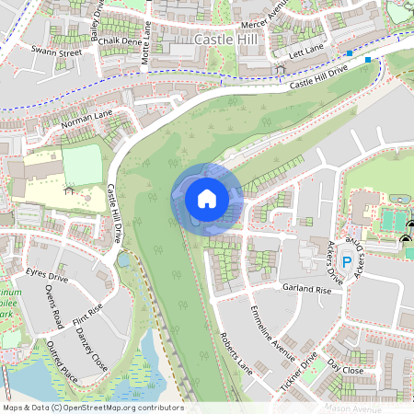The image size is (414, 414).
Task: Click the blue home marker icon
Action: coord(207,198)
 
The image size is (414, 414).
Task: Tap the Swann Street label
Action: coord(56,52)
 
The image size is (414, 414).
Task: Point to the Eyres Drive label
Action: coord(47,275)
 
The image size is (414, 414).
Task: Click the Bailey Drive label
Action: coord(96,17)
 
